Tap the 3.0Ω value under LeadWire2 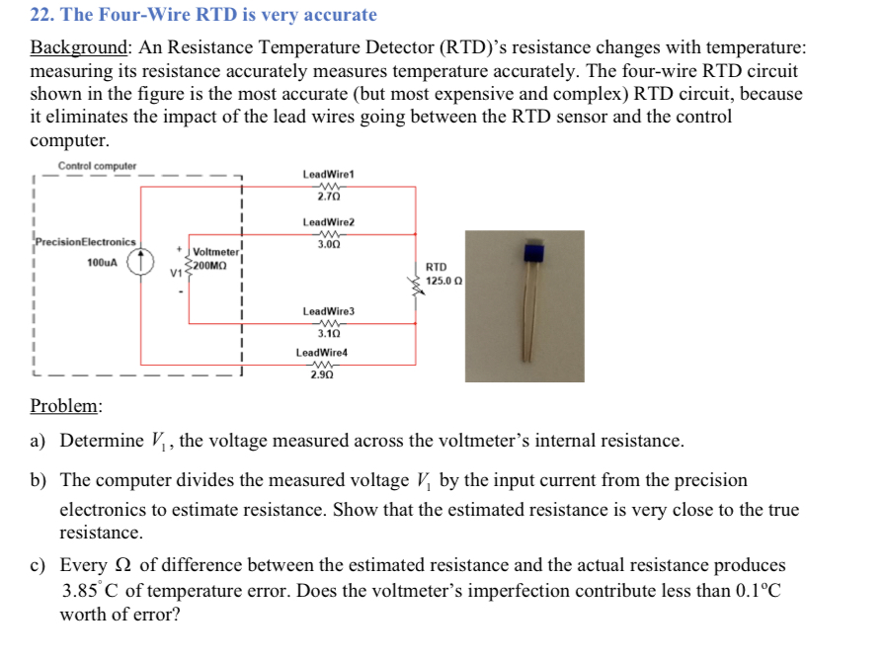(x=329, y=243)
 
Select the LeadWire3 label (x=329, y=311)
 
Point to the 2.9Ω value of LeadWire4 (x=321, y=374)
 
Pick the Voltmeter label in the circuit (x=212, y=253)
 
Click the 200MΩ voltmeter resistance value (x=210, y=266)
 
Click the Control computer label (x=97, y=166)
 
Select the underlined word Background (x=79, y=47)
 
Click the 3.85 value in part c (x=81, y=592)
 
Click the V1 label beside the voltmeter (x=177, y=271)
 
